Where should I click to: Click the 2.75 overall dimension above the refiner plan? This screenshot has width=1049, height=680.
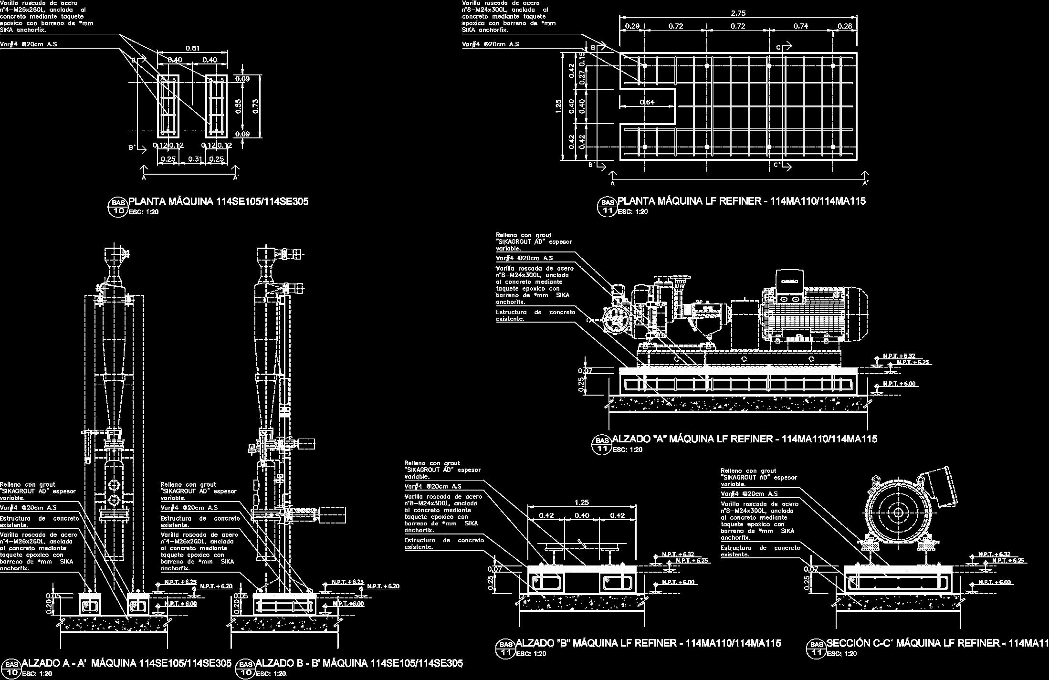coord(738,13)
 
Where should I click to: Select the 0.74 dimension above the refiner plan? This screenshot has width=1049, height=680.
coord(800,26)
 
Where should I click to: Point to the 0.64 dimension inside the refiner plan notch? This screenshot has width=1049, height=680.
coord(647,102)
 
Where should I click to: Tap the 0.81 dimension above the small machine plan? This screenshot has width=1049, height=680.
coord(192,48)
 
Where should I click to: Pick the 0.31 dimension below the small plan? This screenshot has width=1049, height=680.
coord(195,159)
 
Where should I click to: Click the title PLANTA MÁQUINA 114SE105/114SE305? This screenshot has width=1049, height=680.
coord(218,201)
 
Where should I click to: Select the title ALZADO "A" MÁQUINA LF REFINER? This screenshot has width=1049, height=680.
coord(744,439)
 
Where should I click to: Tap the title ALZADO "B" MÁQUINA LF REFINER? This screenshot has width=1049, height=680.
coord(648,643)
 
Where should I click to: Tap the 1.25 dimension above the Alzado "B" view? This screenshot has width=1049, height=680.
coord(581,502)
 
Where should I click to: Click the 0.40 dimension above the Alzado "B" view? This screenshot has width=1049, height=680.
coord(581,515)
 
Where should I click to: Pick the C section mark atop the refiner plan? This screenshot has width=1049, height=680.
coord(778,47)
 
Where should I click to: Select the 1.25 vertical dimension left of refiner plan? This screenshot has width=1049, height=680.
coord(558,106)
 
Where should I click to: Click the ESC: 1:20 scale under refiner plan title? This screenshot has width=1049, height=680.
coord(632,211)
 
